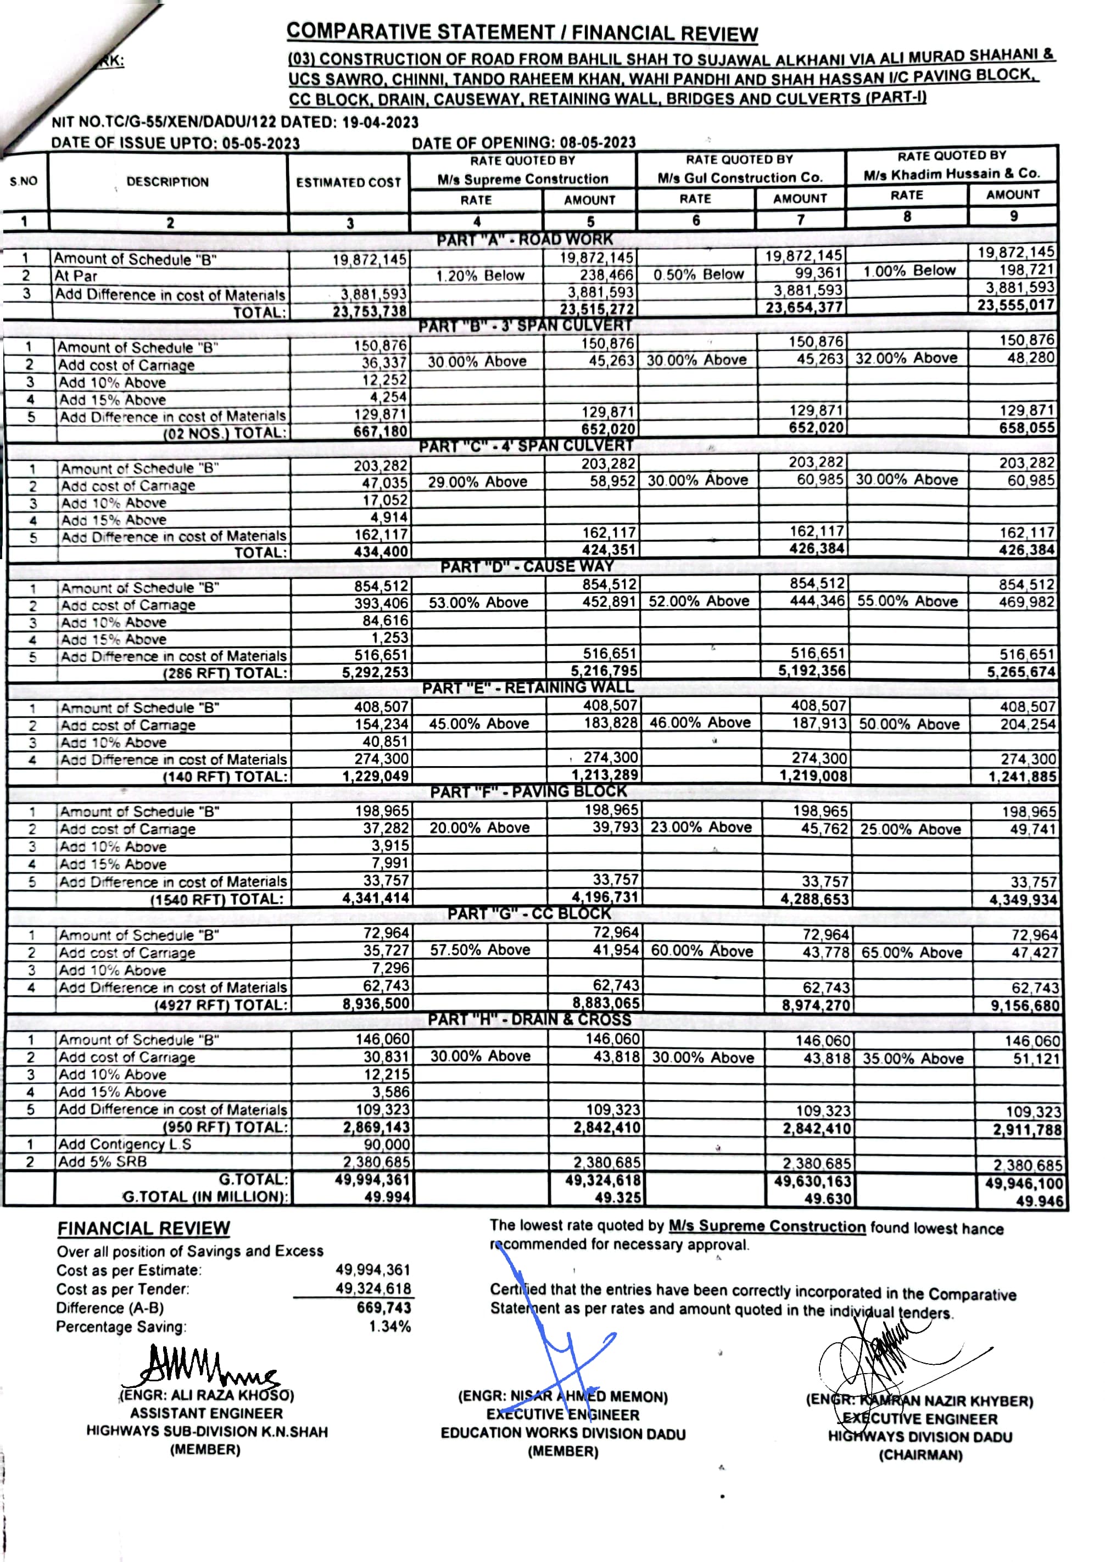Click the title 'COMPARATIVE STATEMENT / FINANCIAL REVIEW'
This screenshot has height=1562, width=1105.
click(522, 32)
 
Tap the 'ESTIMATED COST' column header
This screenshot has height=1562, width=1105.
click(348, 182)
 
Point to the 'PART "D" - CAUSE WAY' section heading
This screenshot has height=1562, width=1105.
click(527, 566)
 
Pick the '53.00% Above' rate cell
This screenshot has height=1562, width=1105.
click(478, 603)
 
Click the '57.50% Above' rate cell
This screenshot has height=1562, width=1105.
click(479, 950)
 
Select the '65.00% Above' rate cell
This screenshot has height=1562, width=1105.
click(912, 952)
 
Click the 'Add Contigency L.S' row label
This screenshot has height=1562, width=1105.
click(125, 1144)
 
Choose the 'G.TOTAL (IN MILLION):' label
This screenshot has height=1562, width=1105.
click(205, 1197)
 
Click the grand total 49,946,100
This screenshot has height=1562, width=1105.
click(1023, 1184)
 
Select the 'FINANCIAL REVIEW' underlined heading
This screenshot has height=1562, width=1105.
click(143, 1229)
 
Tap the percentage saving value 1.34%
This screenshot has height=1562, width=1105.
click(390, 1326)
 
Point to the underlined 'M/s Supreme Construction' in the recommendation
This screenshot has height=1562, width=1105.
click(767, 1226)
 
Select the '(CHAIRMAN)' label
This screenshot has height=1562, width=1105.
click(920, 1455)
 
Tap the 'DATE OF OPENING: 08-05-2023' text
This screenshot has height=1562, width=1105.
click(523, 143)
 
